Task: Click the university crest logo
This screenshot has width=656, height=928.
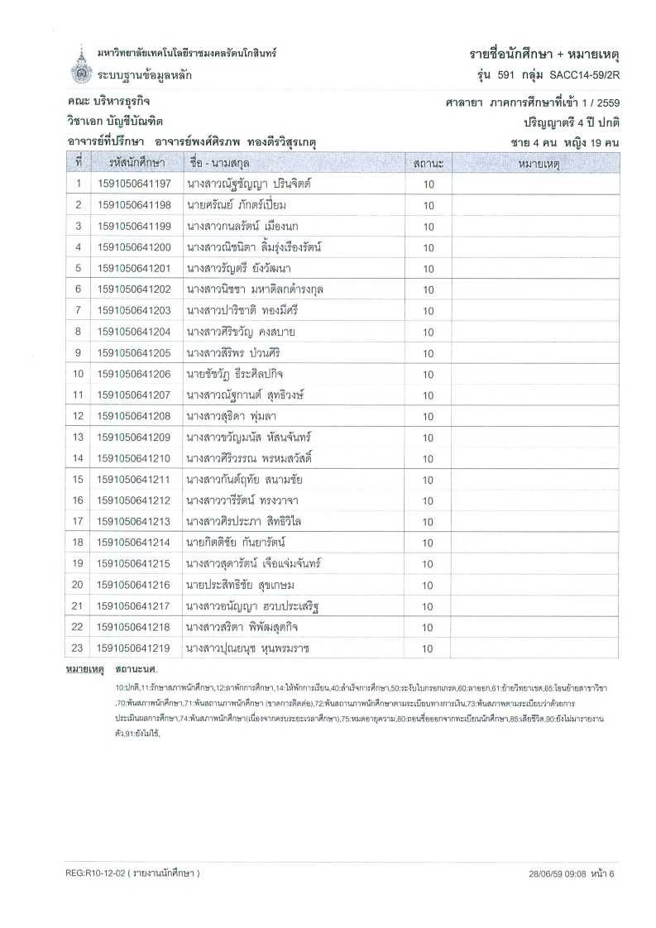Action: pyautogui.click(x=79, y=65)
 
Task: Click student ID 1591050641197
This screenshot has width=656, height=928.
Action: pyautogui.click(x=134, y=184)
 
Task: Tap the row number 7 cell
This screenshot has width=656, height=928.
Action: pyautogui.click(x=77, y=310)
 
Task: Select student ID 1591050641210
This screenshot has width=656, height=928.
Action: pyautogui.click(x=134, y=458)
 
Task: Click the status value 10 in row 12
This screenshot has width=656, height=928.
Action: pyautogui.click(x=429, y=416)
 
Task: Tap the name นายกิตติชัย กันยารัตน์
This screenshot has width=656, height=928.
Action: pyautogui.click(x=236, y=543)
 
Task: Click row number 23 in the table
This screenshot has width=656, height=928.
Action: pyautogui.click(x=77, y=648)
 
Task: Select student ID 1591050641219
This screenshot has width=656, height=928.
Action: pyautogui.click(x=134, y=648)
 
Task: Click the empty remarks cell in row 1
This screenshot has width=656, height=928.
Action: pyautogui.click(x=534, y=184)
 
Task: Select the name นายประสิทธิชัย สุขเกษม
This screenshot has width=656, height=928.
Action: pyautogui.click(x=241, y=585)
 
